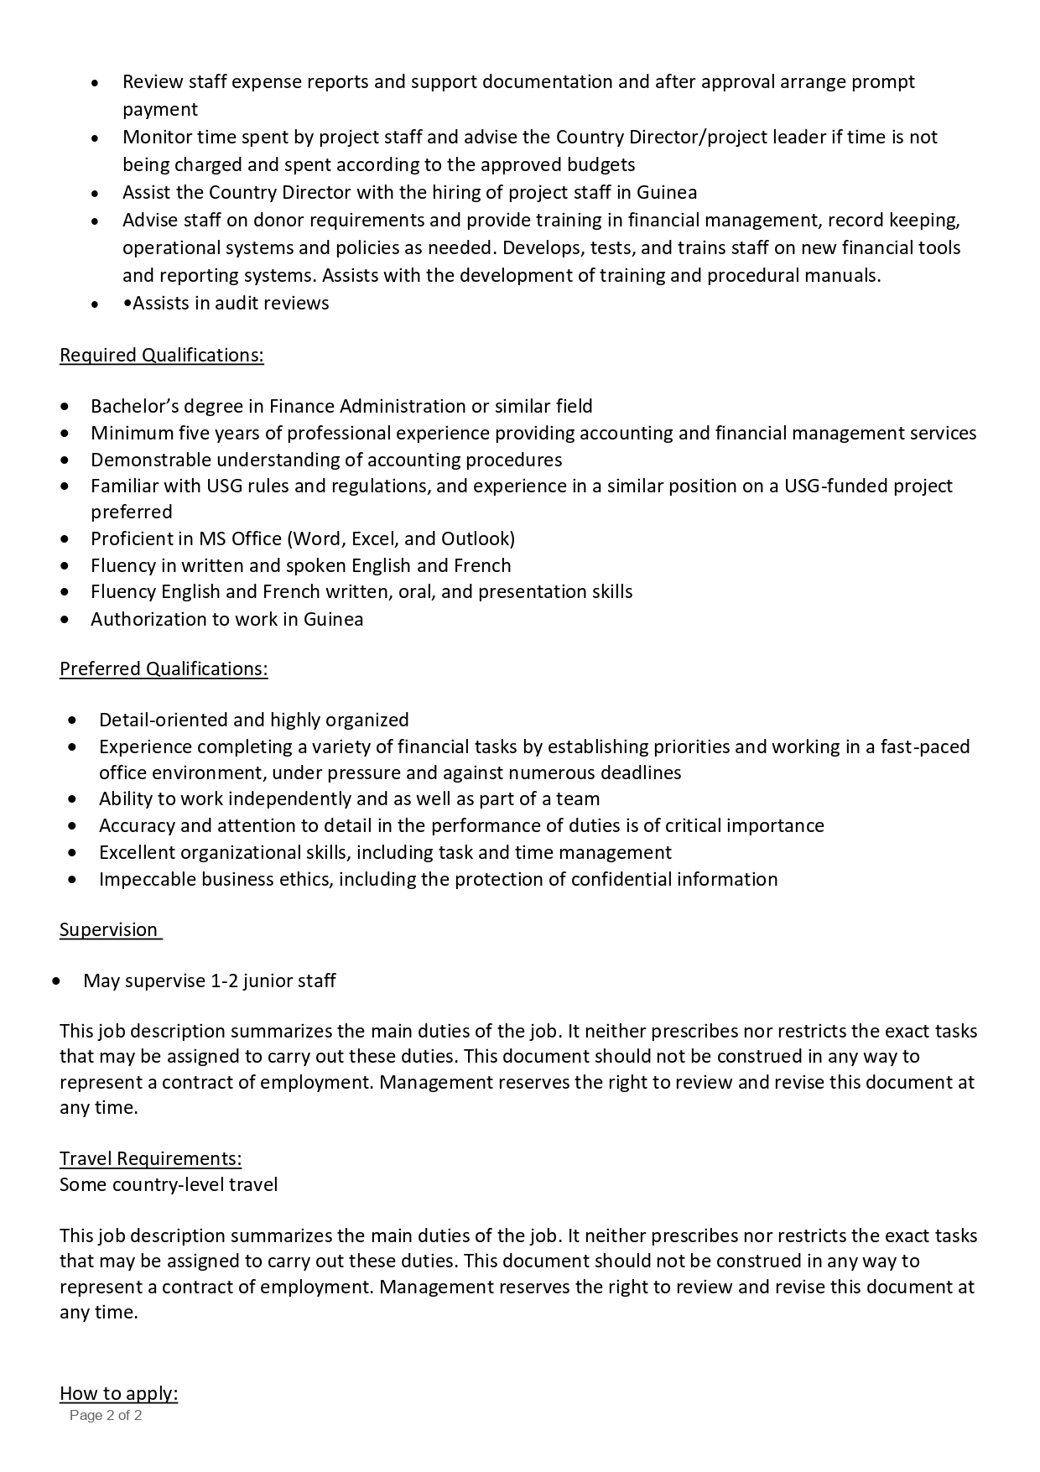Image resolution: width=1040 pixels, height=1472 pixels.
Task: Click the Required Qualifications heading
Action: pyautogui.click(x=161, y=356)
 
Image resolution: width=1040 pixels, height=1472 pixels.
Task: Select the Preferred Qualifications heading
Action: pyautogui.click(x=164, y=669)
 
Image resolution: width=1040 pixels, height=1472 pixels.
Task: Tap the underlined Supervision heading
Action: pyautogui.click(x=108, y=930)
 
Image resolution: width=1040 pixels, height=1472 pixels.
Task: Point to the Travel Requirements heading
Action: pyautogui.click(x=150, y=1159)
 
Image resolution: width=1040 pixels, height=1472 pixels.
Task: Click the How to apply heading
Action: pyautogui.click(x=118, y=1394)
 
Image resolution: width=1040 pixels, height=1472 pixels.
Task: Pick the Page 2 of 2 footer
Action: pyautogui.click(x=106, y=1416)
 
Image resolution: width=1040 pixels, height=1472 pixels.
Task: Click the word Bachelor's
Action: pyautogui.click(x=134, y=407)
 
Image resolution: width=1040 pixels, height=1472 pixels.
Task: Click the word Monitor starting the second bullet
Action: pyautogui.click(x=156, y=138)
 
